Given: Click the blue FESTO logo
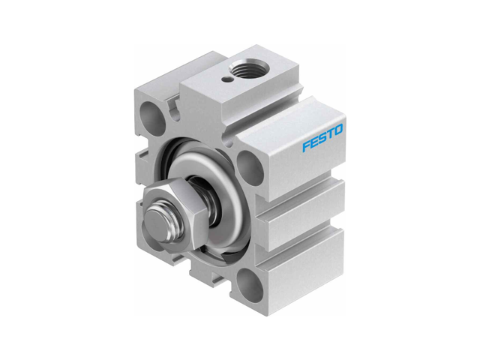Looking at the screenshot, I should point(322,138).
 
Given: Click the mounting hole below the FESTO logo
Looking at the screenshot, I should point(251,169).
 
